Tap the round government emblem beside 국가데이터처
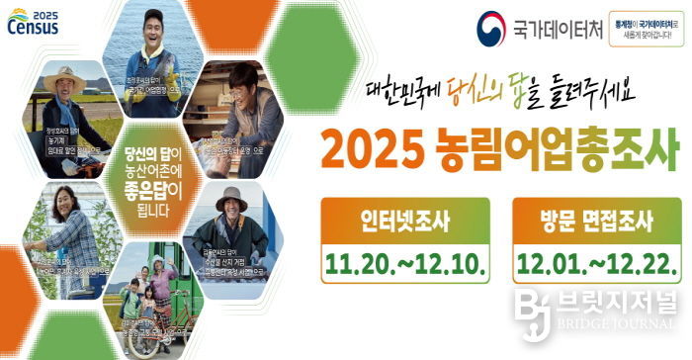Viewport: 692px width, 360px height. coord(491,26)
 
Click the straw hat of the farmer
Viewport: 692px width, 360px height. coord(61,78)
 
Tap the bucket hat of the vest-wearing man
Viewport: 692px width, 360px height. coord(230,195)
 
